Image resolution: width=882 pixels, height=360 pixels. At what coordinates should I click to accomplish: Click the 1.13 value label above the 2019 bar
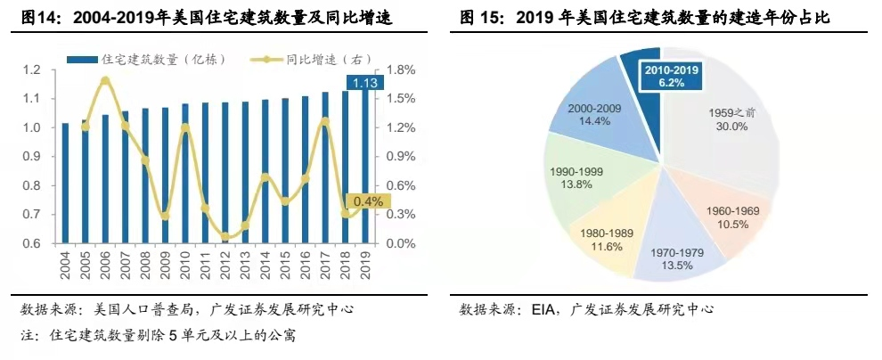367,84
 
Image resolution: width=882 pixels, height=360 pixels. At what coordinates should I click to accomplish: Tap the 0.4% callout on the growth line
365,201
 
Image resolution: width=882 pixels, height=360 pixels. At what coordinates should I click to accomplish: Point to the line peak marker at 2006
104,81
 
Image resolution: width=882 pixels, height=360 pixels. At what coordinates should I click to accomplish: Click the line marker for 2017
326,121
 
